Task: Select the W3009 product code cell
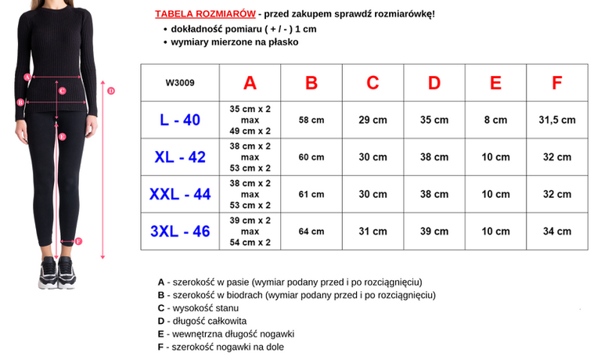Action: (x=180, y=83)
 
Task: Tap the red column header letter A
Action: (x=250, y=83)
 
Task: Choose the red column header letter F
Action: (x=557, y=83)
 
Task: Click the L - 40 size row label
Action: (x=180, y=120)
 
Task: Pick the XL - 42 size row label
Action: (x=180, y=157)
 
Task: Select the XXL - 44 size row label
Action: (x=180, y=194)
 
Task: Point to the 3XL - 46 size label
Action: (x=180, y=231)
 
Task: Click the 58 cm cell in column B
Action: (x=311, y=120)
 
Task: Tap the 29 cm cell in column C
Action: (x=372, y=120)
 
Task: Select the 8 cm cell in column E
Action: (x=495, y=120)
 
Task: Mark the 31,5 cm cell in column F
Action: (x=557, y=120)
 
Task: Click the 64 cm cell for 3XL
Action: (x=311, y=231)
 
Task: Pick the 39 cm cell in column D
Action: (x=434, y=231)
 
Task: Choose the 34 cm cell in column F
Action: (x=557, y=231)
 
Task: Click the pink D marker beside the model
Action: (x=111, y=91)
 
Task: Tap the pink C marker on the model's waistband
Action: (x=62, y=91)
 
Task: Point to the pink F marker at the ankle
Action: (x=78, y=241)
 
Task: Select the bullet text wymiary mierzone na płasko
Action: (x=235, y=41)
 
